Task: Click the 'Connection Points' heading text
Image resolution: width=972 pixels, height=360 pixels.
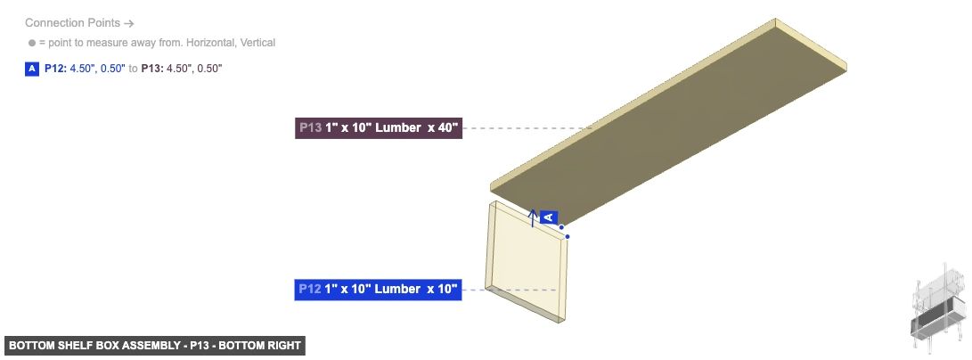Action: pyautogui.click(x=71, y=23)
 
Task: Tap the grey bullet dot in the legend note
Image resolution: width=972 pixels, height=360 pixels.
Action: pyautogui.click(x=32, y=43)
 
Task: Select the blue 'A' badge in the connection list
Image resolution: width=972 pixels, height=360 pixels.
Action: pyautogui.click(x=32, y=68)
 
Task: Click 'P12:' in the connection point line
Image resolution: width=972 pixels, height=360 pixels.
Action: pyautogui.click(x=55, y=68)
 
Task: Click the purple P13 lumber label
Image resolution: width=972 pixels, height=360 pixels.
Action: pyautogui.click(x=378, y=128)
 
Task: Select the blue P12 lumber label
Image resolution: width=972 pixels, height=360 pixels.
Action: pyautogui.click(x=378, y=290)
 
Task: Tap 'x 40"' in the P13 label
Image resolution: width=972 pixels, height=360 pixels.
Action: pyautogui.click(x=442, y=128)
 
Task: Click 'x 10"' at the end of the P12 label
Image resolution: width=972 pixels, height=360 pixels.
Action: pyautogui.click(x=442, y=290)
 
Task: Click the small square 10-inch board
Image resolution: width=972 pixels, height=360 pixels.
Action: pyautogui.click(x=527, y=258)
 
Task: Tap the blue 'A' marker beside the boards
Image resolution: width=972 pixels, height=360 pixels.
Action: pyautogui.click(x=549, y=217)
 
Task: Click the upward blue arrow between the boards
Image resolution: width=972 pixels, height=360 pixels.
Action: pyautogui.click(x=533, y=218)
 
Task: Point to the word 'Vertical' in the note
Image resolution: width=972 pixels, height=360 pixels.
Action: pyautogui.click(x=256, y=43)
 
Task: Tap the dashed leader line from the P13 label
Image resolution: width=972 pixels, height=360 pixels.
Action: pyautogui.click(x=517, y=128)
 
